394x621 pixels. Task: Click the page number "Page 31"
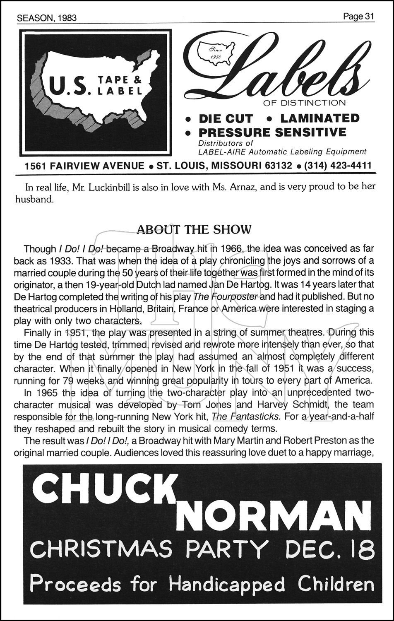[359, 16]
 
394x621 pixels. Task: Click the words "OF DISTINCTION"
[304, 102]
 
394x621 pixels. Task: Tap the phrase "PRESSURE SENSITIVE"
[272, 132]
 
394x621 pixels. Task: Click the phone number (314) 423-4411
[337, 166]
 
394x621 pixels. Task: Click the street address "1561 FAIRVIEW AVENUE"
[84, 166]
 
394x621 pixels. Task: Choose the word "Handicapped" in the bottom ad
[227, 585]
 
